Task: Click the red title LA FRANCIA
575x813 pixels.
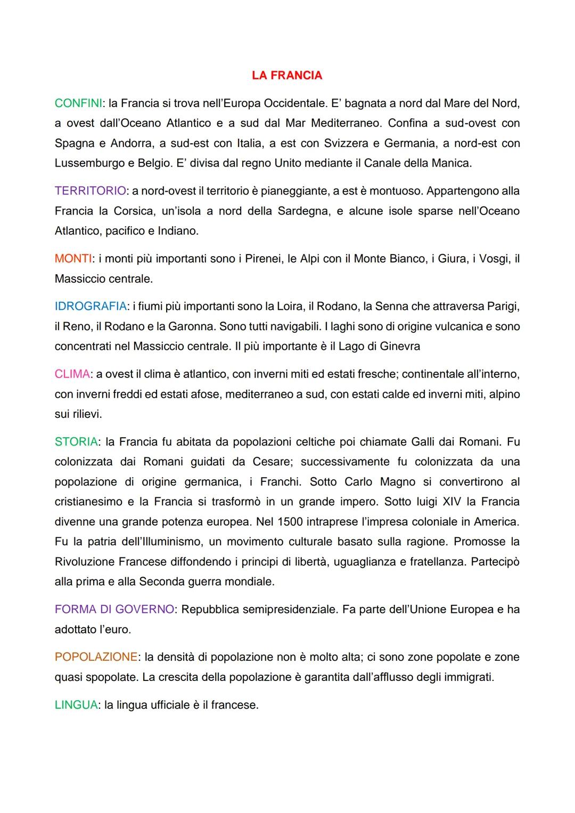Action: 287,76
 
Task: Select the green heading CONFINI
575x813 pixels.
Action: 78,103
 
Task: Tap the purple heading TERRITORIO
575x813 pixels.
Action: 90,191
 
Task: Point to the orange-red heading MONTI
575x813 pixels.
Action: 73,259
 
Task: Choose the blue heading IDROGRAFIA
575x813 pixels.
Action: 90,307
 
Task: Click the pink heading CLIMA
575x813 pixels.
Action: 72,374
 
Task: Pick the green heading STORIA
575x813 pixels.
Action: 76,442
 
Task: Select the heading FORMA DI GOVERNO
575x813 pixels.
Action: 114,610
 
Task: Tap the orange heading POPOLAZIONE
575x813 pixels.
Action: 96,658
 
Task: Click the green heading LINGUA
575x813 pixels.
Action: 76,705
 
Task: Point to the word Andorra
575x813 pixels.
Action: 129,144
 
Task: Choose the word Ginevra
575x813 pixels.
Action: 400,347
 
